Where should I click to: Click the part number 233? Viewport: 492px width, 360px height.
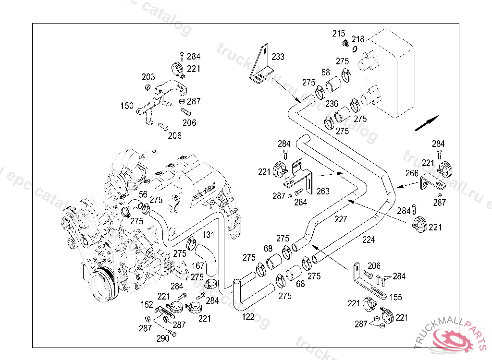pos(278,57)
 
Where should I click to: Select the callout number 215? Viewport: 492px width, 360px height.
pos(339,34)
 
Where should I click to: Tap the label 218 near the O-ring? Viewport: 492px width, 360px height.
pos(358,39)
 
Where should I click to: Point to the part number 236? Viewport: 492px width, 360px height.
pos(332,104)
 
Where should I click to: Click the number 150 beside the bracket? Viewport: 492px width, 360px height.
pos(127,106)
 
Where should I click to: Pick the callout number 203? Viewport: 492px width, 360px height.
pos(148,77)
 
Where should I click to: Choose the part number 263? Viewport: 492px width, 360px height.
pos(323,191)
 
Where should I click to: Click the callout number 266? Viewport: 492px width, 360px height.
pos(411,173)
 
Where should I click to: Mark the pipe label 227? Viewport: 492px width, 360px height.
pos(341,219)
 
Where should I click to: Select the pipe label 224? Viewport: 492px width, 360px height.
pos(369,239)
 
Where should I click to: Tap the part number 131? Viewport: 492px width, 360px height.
pos(208,235)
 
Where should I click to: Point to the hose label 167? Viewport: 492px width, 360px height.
pos(198,265)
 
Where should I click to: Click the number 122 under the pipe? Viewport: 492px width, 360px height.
pos(248,317)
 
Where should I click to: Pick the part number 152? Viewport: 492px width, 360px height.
pos(147,304)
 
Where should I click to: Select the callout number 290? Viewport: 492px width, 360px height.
pos(163,338)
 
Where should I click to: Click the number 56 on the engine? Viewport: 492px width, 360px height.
pos(143,194)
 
